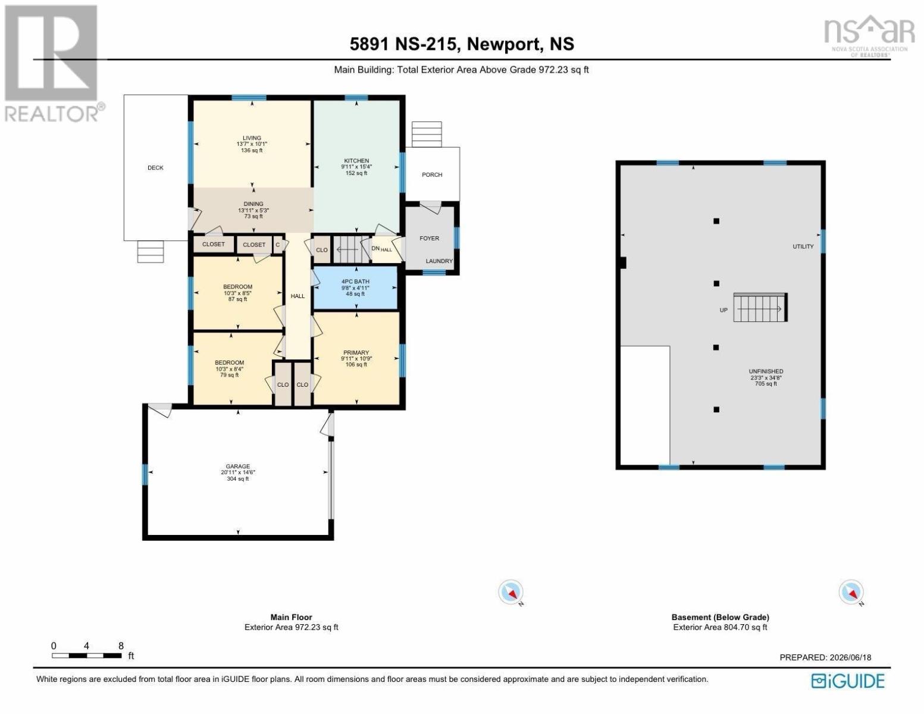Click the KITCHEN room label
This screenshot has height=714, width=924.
pyautogui.click(x=356, y=161)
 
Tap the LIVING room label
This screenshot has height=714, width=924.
pyautogui.click(x=252, y=138)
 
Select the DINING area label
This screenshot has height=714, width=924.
pyautogui.click(x=253, y=204)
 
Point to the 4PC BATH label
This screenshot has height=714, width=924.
pyautogui.click(x=355, y=281)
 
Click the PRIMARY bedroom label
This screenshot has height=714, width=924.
pyautogui.click(x=356, y=352)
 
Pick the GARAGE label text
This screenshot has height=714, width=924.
pyautogui.click(x=238, y=466)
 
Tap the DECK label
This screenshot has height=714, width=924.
pyautogui.click(x=156, y=168)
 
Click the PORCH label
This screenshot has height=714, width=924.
pyautogui.click(x=432, y=175)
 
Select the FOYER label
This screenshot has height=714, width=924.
pyautogui.click(x=430, y=238)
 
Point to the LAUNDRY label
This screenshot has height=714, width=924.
pyautogui.click(x=439, y=261)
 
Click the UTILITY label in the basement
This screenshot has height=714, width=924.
pyautogui.click(x=803, y=247)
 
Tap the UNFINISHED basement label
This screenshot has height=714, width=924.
pyautogui.click(x=766, y=371)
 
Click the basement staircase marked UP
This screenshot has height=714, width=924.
pyautogui.click(x=760, y=308)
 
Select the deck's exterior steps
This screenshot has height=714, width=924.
pyautogui.click(x=151, y=252)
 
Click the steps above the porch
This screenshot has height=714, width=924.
pyautogui.click(x=427, y=134)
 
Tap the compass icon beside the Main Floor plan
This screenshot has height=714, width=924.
pyautogui.click(x=510, y=592)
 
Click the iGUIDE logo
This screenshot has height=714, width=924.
pyautogui.click(x=848, y=681)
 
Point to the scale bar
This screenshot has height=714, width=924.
pyautogui.click(x=87, y=656)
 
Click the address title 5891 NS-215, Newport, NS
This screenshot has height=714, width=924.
pyautogui.click(x=462, y=44)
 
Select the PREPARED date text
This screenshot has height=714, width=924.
pyautogui.click(x=825, y=657)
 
